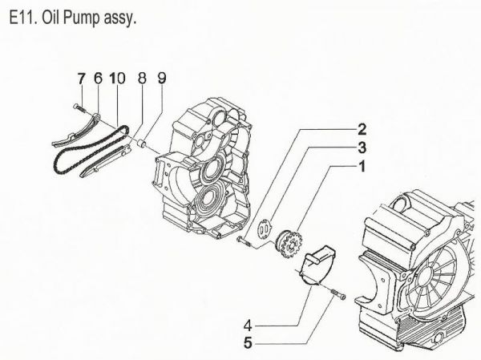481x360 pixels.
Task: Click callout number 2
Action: [362, 129]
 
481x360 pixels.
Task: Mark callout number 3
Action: [362, 148]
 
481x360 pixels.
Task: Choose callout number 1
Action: [362, 167]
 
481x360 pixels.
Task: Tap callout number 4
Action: [249, 326]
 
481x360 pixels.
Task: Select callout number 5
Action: [249, 345]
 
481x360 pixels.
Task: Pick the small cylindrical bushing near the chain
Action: [141, 144]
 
